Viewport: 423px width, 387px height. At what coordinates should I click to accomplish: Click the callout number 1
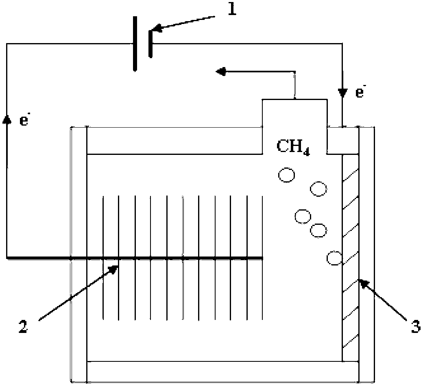[x=231, y=9]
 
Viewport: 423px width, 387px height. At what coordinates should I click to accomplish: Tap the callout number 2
[x=23, y=326]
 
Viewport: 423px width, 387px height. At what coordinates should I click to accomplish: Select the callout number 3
[x=416, y=326]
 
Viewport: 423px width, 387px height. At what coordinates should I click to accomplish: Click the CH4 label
[x=293, y=147]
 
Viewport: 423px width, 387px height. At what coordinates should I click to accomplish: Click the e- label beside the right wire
[x=360, y=93]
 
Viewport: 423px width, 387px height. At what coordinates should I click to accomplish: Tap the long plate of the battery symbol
[x=135, y=43]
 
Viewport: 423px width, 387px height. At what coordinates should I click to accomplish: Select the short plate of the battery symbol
[x=150, y=43]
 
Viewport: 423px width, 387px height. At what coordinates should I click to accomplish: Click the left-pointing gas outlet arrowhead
[x=221, y=72]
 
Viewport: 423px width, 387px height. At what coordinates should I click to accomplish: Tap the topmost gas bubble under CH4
[x=286, y=175]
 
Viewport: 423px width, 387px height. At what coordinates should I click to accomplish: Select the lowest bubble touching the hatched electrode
[x=334, y=258]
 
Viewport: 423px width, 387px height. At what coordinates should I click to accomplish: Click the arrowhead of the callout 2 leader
[x=114, y=269]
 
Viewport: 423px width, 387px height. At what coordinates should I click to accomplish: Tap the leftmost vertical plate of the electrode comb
[x=103, y=258]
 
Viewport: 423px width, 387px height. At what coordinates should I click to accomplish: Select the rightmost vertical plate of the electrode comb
[x=262, y=258]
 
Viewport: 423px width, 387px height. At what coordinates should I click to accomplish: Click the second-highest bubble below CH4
[x=318, y=189]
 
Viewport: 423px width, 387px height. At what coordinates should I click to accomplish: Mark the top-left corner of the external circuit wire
[x=7, y=43]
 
